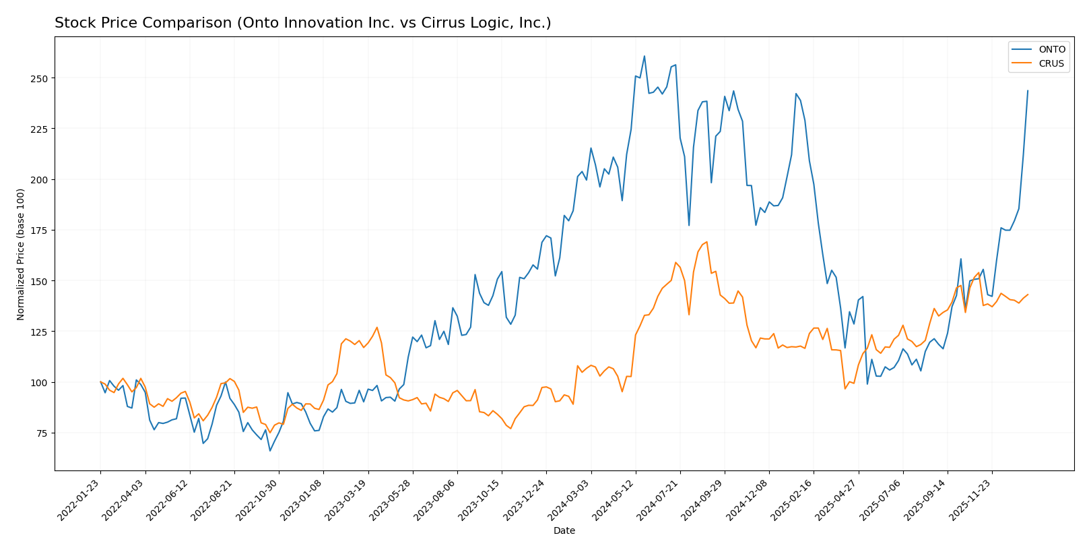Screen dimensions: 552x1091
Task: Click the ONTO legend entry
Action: (1051, 49)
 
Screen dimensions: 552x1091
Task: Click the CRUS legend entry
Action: (1051, 64)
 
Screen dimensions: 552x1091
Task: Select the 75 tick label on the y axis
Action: (42, 433)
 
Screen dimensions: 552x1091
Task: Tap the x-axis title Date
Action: (564, 531)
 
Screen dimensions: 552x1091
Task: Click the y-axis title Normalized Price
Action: (21, 254)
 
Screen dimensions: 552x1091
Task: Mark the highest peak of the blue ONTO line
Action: (644, 56)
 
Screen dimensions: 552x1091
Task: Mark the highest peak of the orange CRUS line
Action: (706, 242)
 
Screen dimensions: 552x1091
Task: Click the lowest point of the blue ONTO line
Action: (270, 450)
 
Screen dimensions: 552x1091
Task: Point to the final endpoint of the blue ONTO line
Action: (1028, 90)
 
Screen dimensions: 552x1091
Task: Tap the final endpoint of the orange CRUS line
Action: (1028, 294)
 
